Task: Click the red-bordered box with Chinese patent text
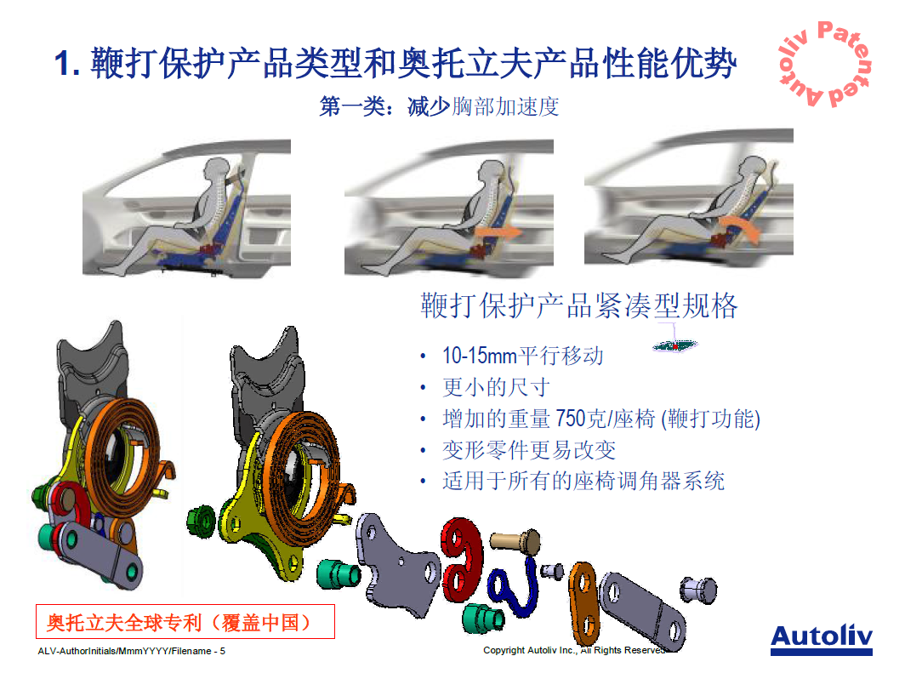click(x=185, y=622)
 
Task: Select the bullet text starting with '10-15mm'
click(x=523, y=356)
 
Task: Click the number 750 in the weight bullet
click(x=571, y=419)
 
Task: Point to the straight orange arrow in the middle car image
click(x=499, y=233)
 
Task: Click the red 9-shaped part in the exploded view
click(x=461, y=559)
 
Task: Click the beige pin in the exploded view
click(x=515, y=541)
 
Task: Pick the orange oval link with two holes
click(x=583, y=603)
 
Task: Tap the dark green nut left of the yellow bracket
click(x=202, y=522)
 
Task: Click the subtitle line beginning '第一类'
click(x=439, y=107)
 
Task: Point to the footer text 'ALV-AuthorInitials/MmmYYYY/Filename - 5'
click(x=132, y=651)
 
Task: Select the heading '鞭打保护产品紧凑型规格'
click(x=579, y=306)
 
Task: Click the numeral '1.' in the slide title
click(x=67, y=64)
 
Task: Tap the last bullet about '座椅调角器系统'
click(x=583, y=481)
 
